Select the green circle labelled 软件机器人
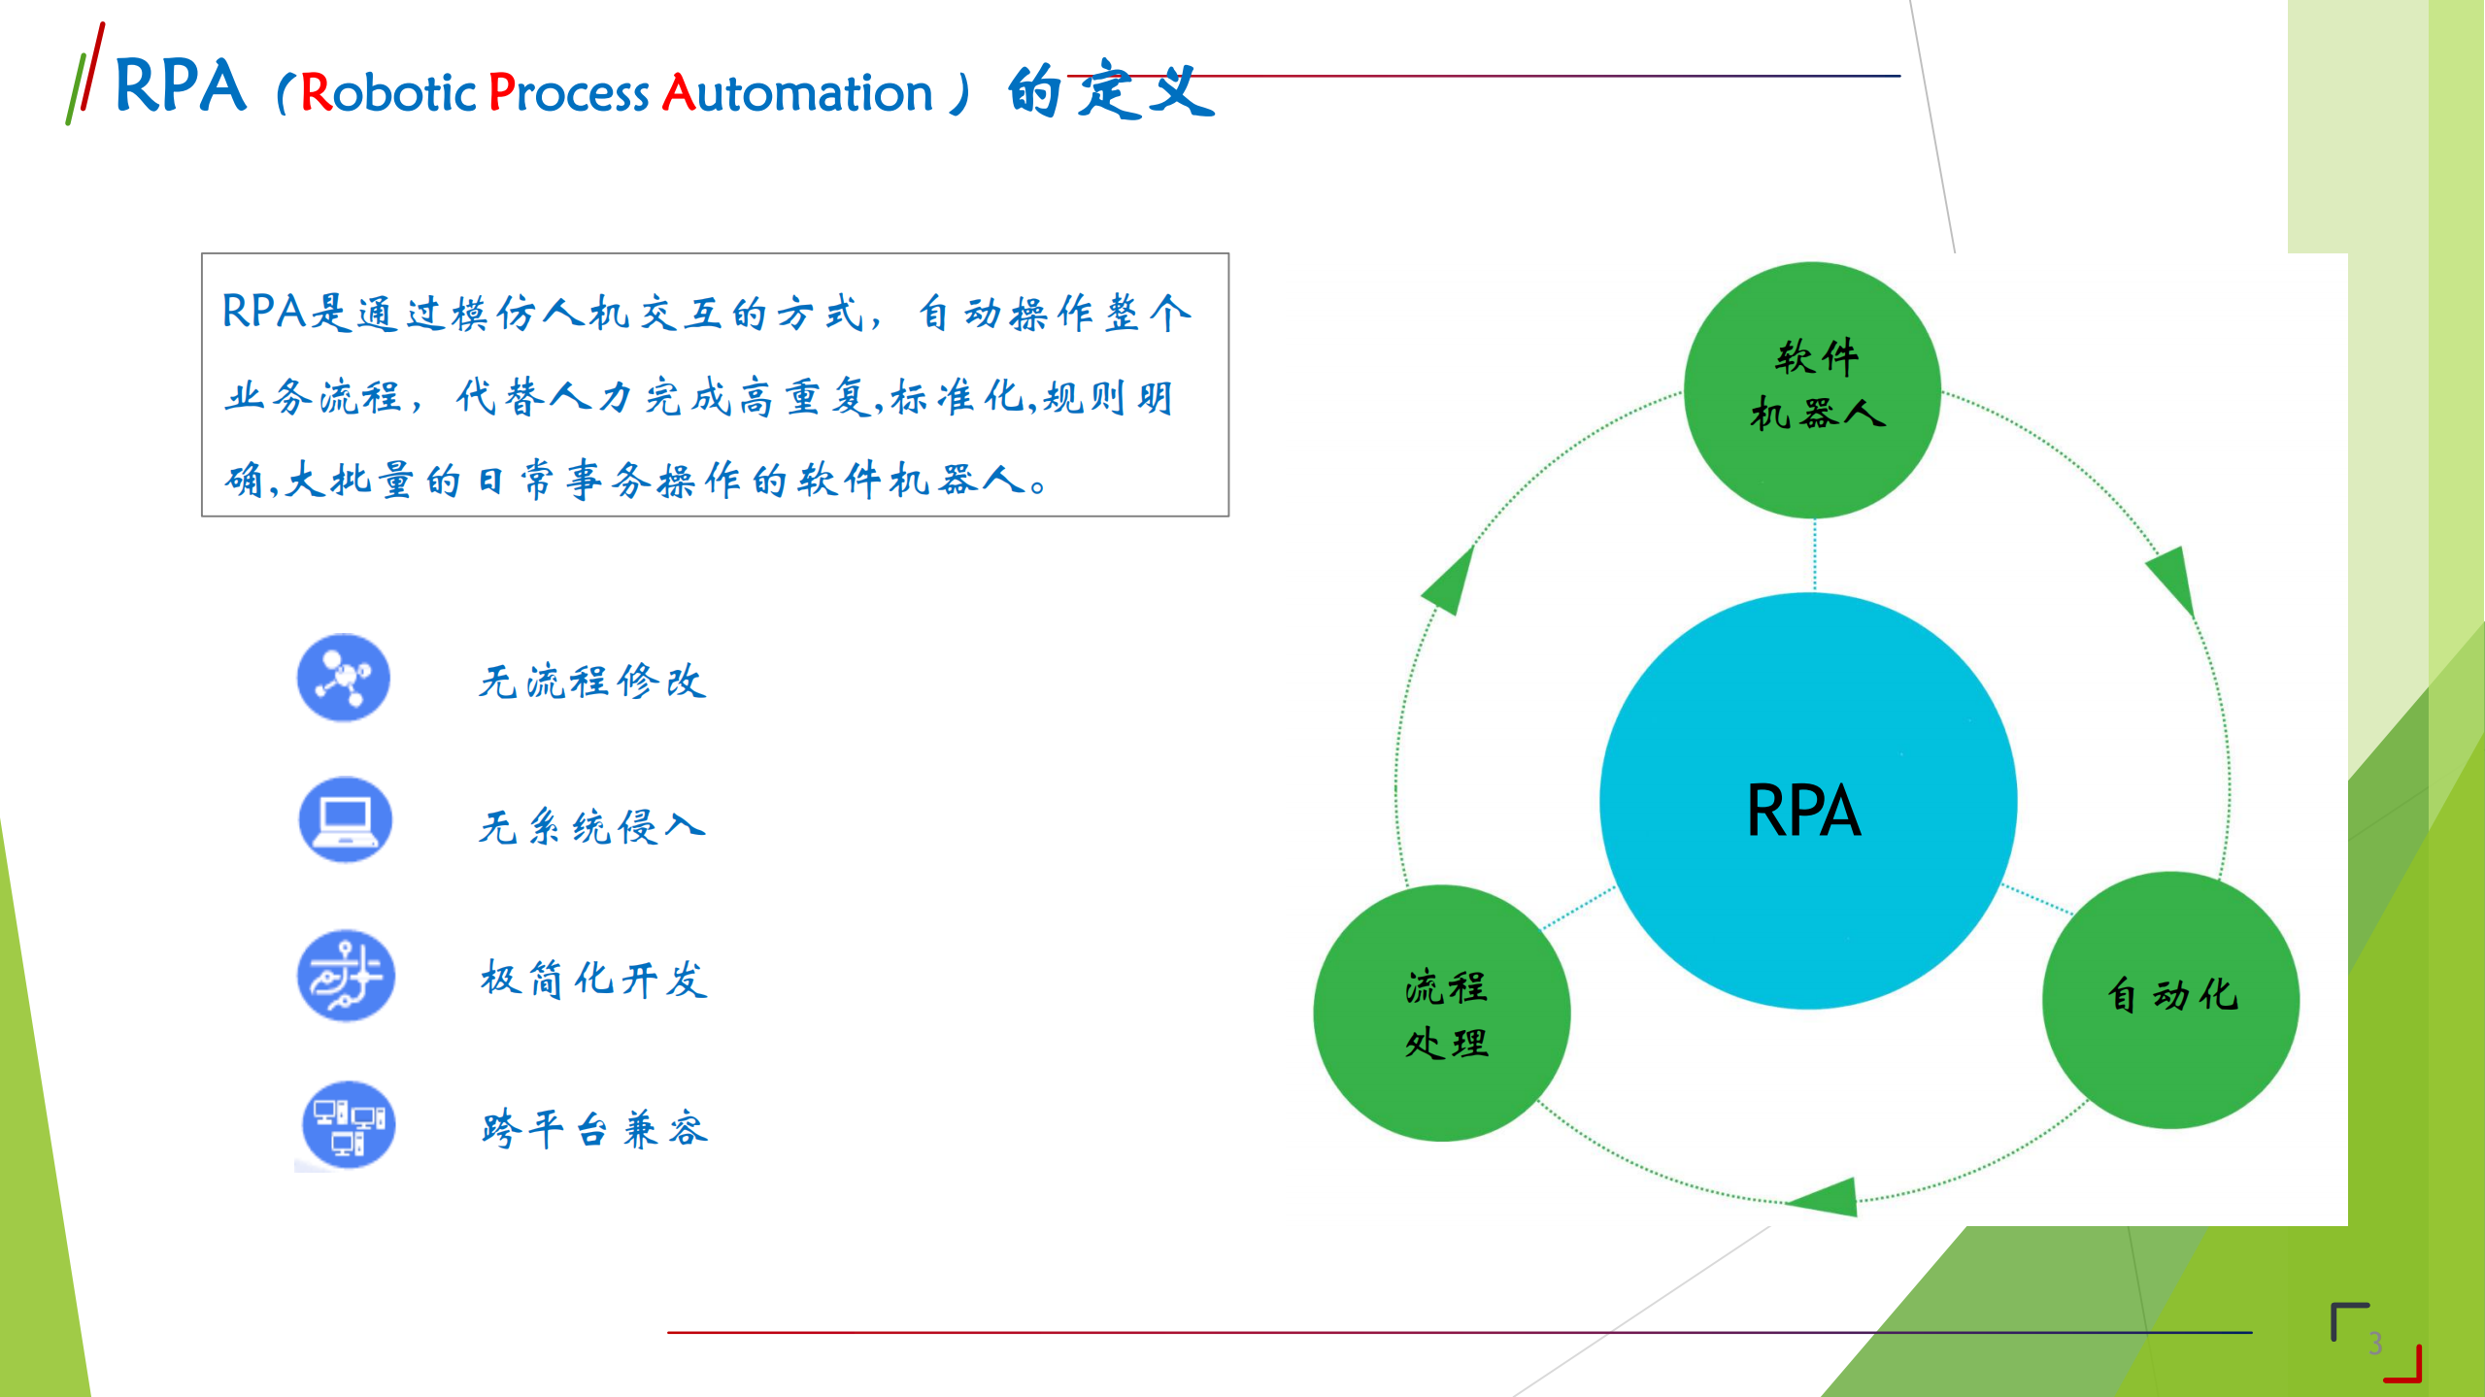click(x=1812, y=389)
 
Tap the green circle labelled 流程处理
click(x=1442, y=1013)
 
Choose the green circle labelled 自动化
click(x=2170, y=999)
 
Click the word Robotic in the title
click(x=388, y=93)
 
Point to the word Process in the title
click(x=568, y=93)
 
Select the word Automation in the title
click(x=796, y=93)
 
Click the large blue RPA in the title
click(x=181, y=86)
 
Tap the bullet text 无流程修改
click(x=592, y=681)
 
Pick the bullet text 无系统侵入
click(x=592, y=827)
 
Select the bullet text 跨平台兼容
click(x=595, y=1129)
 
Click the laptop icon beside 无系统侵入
click(x=346, y=819)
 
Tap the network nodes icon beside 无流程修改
click(x=344, y=677)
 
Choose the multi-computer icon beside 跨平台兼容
click(x=349, y=1124)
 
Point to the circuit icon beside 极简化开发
click(x=346, y=975)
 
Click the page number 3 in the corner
click(x=2375, y=1344)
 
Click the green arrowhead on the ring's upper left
click(x=1450, y=582)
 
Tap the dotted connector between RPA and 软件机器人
click(x=1815, y=555)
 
